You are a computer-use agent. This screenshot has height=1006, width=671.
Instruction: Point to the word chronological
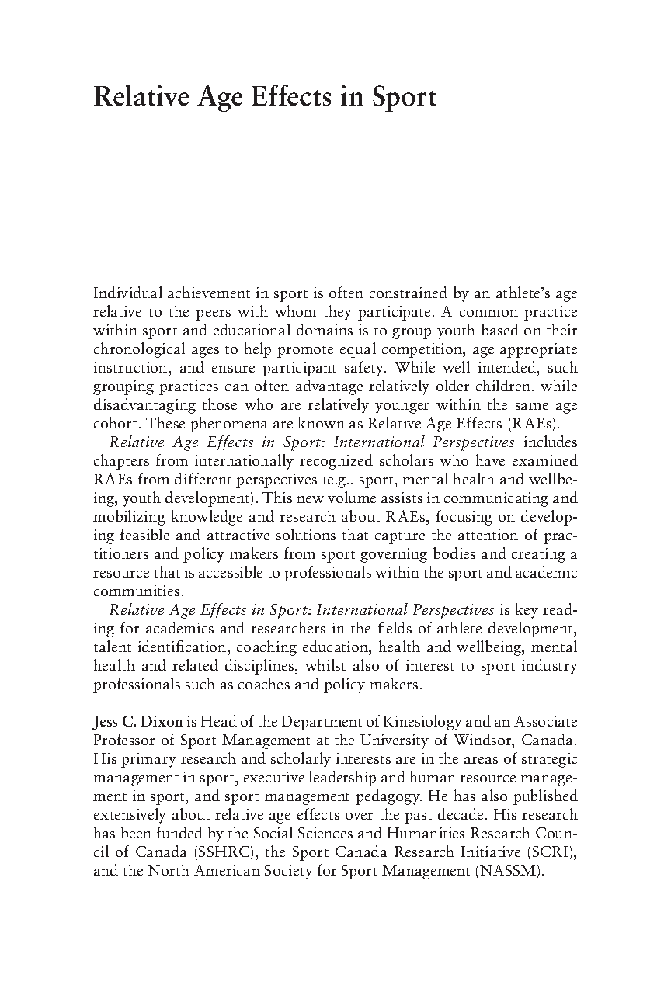pyautogui.click(x=136, y=350)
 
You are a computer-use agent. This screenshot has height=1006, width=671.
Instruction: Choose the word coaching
pyautogui.click(x=269, y=647)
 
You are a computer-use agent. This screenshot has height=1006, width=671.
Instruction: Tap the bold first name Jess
pyautogui.click(x=107, y=722)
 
